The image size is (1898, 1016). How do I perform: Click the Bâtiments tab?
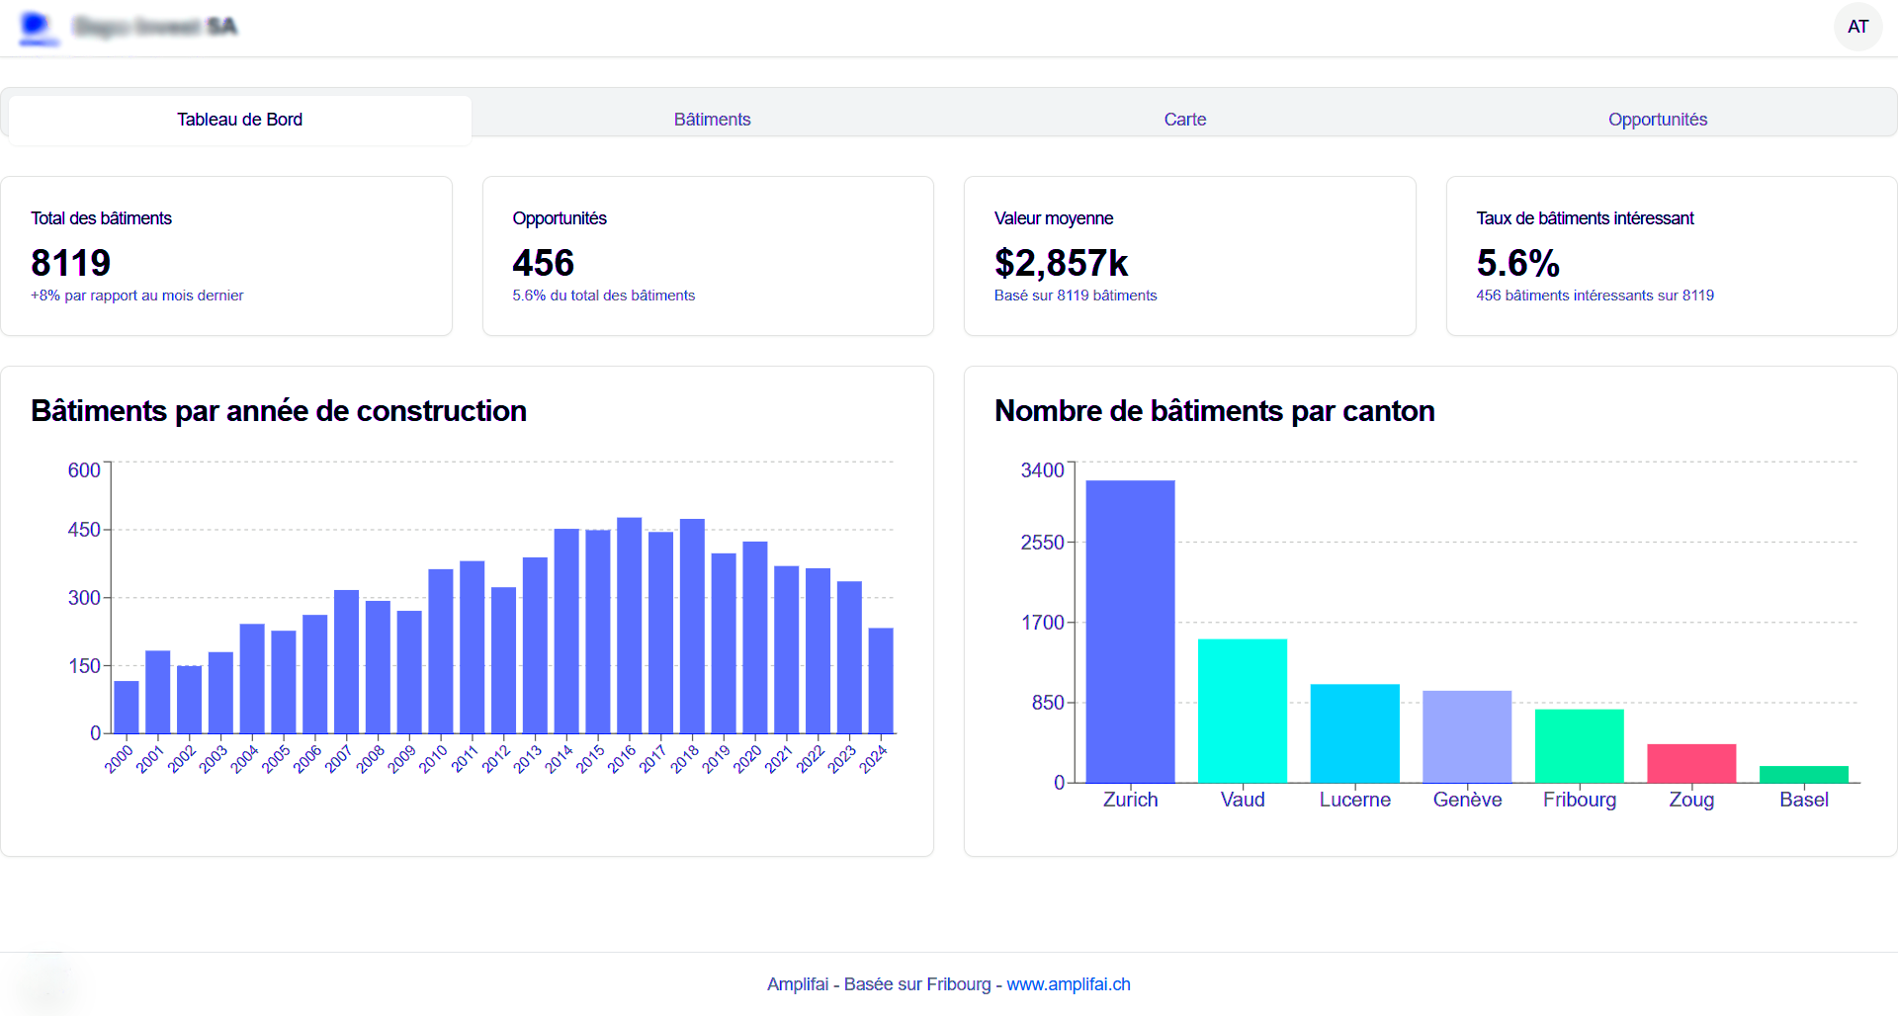pos(712,120)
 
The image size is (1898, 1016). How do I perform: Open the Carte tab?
pos(1184,120)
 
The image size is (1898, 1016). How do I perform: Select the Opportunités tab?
pos(1657,120)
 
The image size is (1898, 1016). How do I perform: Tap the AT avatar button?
pos(1857,27)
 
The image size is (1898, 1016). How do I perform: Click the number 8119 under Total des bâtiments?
pos(70,263)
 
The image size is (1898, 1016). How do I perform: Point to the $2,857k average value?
pos(1061,263)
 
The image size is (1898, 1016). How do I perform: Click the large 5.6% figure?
pos(1517,263)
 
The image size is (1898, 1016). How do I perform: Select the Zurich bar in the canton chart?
pos(1130,633)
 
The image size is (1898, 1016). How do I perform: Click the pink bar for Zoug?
pos(1691,763)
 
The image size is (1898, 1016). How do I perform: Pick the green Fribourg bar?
pos(1579,746)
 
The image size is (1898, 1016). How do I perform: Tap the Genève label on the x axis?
pos(1467,800)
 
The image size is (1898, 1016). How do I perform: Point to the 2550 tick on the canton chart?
pos(1042,543)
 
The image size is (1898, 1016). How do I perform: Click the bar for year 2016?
pos(629,626)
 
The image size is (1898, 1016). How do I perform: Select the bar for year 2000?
pos(127,707)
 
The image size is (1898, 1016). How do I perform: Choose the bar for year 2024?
pos(881,681)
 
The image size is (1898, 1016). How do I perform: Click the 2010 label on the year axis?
pos(434,759)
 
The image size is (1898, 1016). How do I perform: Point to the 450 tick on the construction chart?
pos(84,530)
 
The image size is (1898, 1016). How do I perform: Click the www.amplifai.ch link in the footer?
pos(1068,984)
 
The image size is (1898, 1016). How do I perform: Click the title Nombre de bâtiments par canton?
pos(1214,411)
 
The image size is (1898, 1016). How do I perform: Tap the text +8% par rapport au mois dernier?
pos(136,296)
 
